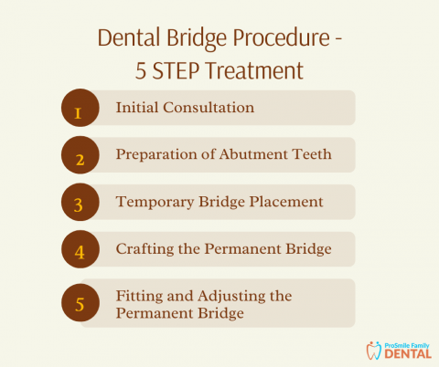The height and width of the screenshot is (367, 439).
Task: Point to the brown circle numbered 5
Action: (79, 302)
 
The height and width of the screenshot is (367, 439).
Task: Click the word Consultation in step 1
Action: (209, 108)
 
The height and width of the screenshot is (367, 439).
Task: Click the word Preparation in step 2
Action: (158, 155)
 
